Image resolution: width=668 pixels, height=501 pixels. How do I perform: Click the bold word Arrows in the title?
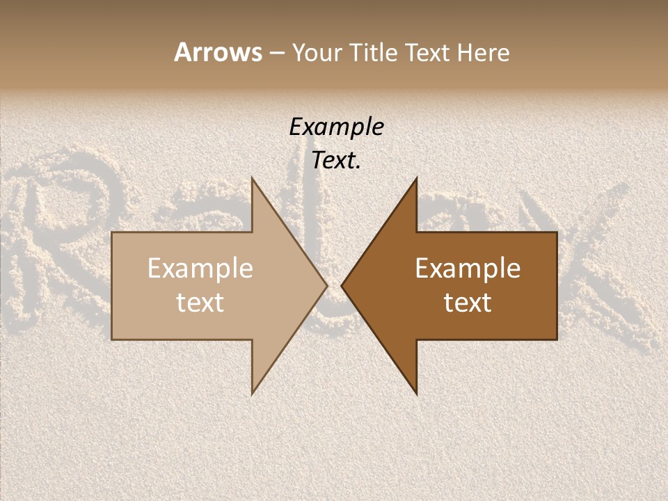(218, 52)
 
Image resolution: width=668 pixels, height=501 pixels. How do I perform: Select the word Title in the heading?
(375, 53)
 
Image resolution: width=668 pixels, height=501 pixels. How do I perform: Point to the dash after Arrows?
(276, 54)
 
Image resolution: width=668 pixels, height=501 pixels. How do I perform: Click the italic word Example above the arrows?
(336, 127)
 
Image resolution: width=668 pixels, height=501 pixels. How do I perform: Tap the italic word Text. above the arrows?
(336, 161)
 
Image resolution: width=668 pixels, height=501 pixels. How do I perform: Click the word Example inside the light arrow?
(200, 269)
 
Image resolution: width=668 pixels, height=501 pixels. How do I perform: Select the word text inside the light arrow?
(200, 303)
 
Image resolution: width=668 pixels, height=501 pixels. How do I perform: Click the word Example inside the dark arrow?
(468, 269)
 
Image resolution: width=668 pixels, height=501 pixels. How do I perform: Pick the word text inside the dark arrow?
(468, 303)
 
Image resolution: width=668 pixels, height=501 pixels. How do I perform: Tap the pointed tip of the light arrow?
(326, 285)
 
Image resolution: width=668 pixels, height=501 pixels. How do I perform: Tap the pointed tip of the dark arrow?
(342, 285)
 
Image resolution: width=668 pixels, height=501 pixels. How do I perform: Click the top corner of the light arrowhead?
(252, 178)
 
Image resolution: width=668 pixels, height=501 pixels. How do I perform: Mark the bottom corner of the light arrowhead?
(252, 394)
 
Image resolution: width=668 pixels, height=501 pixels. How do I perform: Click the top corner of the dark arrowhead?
(417, 178)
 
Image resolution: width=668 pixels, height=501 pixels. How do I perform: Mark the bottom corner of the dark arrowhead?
(417, 394)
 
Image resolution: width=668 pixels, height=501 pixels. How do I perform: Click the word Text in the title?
(428, 53)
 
